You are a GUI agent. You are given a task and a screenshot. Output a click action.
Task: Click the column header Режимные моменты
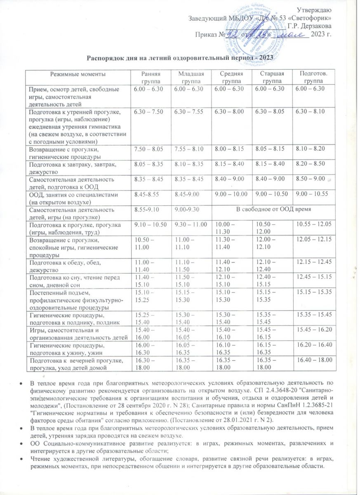point(77,73)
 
